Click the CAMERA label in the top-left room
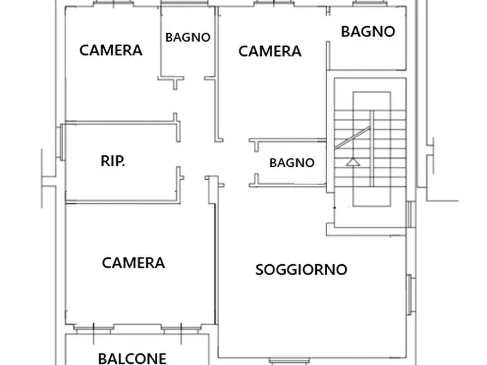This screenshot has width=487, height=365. (x=111, y=50)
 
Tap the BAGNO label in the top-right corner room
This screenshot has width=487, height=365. (x=368, y=32)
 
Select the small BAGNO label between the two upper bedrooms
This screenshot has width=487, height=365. (x=188, y=38)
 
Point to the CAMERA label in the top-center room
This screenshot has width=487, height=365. (x=270, y=51)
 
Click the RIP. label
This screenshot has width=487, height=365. (x=112, y=161)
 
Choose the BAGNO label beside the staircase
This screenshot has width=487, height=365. (x=292, y=162)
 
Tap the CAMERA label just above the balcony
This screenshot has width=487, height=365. (x=133, y=263)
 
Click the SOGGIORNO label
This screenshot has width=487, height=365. (x=301, y=269)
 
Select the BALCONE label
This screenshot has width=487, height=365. (x=132, y=358)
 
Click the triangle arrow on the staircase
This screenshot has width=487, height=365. (x=353, y=162)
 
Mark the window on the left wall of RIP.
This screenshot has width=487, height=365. (x=63, y=142)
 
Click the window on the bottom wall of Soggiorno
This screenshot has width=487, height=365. (x=287, y=360)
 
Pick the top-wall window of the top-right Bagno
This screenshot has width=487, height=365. (x=368, y=4)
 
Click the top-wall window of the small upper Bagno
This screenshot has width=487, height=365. (x=187, y=4)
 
